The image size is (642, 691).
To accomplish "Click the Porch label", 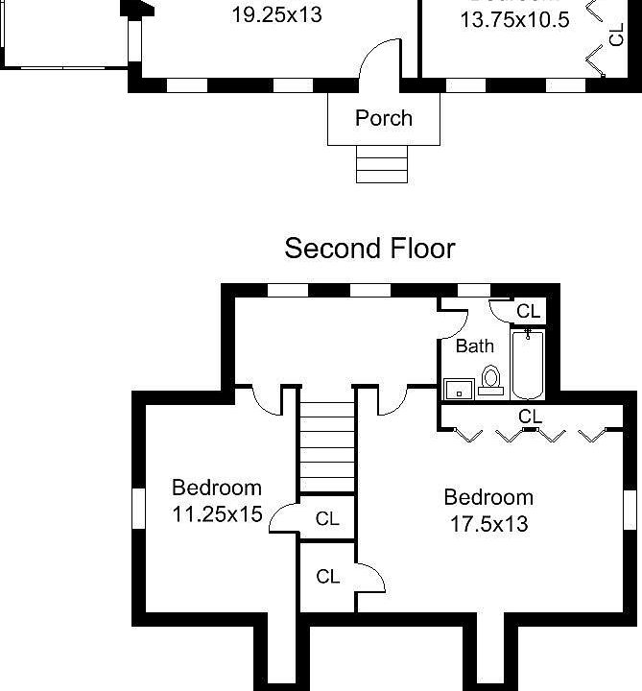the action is (x=384, y=118).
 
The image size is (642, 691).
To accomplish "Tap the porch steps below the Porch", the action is (x=383, y=163).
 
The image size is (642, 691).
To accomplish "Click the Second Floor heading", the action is (x=369, y=249).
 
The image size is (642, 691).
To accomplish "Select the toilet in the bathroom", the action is (x=491, y=381).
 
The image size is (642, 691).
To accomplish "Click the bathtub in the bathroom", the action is (x=528, y=365).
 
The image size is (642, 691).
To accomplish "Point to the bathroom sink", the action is (x=459, y=389).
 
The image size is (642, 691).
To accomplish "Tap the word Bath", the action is (x=474, y=345).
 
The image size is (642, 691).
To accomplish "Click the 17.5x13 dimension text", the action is (x=488, y=524).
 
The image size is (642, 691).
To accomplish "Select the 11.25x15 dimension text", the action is (x=217, y=513).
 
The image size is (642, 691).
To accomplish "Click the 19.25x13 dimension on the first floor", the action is (x=276, y=15).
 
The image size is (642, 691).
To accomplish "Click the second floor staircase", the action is (x=327, y=446).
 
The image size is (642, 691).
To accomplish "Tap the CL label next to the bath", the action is (x=529, y=311).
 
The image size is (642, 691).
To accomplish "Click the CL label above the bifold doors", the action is (x=531, y=417).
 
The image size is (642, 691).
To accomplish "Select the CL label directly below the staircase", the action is (x=328, y=518).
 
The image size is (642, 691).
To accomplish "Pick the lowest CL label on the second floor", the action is (x=328, y=577).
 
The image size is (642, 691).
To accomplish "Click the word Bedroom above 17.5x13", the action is (x=488, y=497).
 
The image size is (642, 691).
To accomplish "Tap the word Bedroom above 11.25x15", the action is (x=217, y=487).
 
